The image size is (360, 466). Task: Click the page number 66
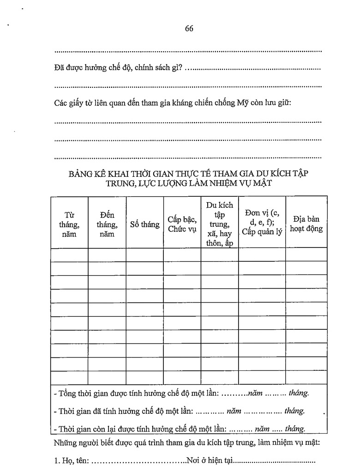coord(189,28)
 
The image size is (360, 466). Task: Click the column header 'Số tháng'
coord(144,224)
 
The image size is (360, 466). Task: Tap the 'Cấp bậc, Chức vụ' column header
coord(182,224)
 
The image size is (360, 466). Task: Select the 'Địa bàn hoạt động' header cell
coord(306,224)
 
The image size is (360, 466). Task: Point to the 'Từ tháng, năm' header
coord(69,224)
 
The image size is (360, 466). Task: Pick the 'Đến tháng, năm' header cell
coord(107,224)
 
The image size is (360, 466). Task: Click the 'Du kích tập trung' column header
coord(219,224)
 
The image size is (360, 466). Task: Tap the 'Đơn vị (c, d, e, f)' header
coord(262,222)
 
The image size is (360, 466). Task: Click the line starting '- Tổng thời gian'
coord(181,393)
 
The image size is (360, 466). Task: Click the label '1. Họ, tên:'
coord(72,460)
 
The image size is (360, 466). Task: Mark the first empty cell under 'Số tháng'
coord(144,254)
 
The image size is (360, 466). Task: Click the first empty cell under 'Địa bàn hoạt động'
coord(306,254)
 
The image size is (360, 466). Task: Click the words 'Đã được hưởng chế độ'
coord(85,68)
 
